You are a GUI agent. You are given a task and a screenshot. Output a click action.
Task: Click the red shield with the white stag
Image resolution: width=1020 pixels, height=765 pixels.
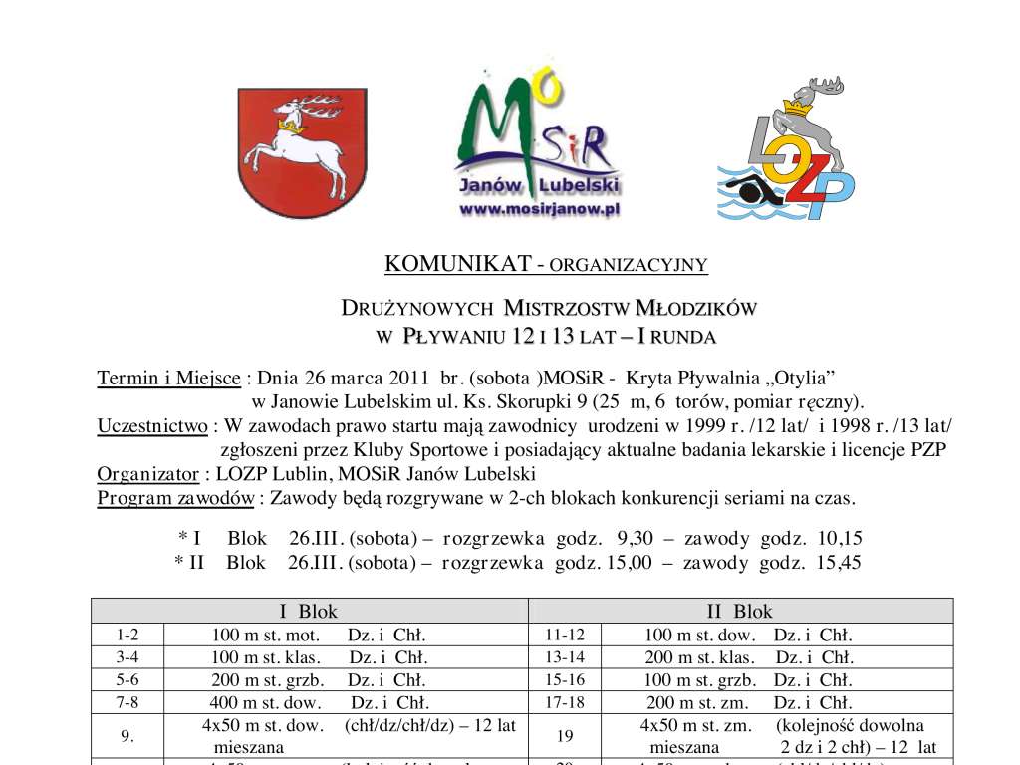(x=287, y=151)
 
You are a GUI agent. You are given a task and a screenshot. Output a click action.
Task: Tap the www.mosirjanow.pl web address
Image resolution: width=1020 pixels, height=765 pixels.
(x=539, y=209)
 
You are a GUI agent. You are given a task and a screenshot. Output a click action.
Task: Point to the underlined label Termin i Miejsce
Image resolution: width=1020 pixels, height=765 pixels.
(x=168, y=379)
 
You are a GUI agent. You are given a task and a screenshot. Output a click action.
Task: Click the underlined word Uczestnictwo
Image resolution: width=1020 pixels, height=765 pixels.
(x=153, y=426)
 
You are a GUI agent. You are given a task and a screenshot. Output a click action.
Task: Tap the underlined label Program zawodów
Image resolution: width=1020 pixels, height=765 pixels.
(x=174, y=498)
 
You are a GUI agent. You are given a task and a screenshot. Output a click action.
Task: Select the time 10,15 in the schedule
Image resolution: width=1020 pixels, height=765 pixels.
(x=840, y=539)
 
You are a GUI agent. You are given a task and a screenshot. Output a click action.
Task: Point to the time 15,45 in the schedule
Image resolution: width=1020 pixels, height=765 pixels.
(x=839, y=563)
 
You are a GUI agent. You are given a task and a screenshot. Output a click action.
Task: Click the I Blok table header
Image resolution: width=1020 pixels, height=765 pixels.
(x=308, y=612)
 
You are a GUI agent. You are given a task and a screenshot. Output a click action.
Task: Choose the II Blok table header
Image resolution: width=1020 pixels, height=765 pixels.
(x=739, y=612)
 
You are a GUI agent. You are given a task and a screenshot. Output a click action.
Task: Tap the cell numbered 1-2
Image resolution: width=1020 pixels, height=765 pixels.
(x=127, y=635)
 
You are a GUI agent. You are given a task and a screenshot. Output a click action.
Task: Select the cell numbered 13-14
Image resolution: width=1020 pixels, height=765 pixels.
(x=565, y=657)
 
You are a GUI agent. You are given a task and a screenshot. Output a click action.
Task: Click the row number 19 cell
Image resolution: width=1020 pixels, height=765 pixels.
(x=565, y=737)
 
